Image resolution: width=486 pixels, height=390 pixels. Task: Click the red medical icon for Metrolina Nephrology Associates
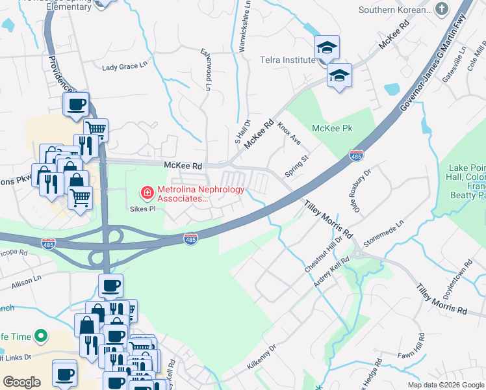click(x=147, y=193)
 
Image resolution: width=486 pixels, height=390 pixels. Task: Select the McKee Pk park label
click(x=331, y=128)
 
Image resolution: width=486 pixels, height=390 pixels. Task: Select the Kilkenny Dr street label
click(x=261, y=357)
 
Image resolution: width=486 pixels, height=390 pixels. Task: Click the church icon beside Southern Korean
click(x=442, y=9)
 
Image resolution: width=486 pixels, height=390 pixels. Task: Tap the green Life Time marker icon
click(x=41, y=336)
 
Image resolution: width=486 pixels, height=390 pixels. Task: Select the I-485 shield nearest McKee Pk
click(x=356, y=155)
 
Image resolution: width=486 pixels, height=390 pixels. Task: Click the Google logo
click(x=21, y=382)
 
